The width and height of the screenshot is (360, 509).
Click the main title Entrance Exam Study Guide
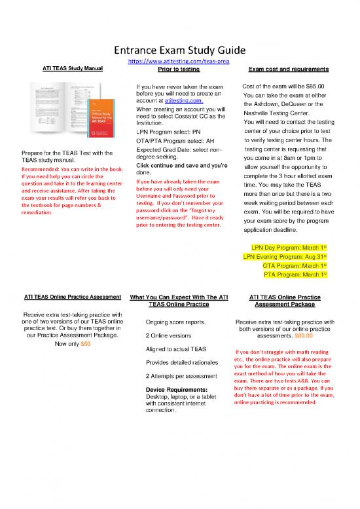[179, 50]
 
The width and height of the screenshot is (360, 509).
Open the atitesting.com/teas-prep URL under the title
[179, 61]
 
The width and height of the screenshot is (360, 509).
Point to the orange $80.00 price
[305, 336]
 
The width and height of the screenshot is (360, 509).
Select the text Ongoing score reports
[175, 322]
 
